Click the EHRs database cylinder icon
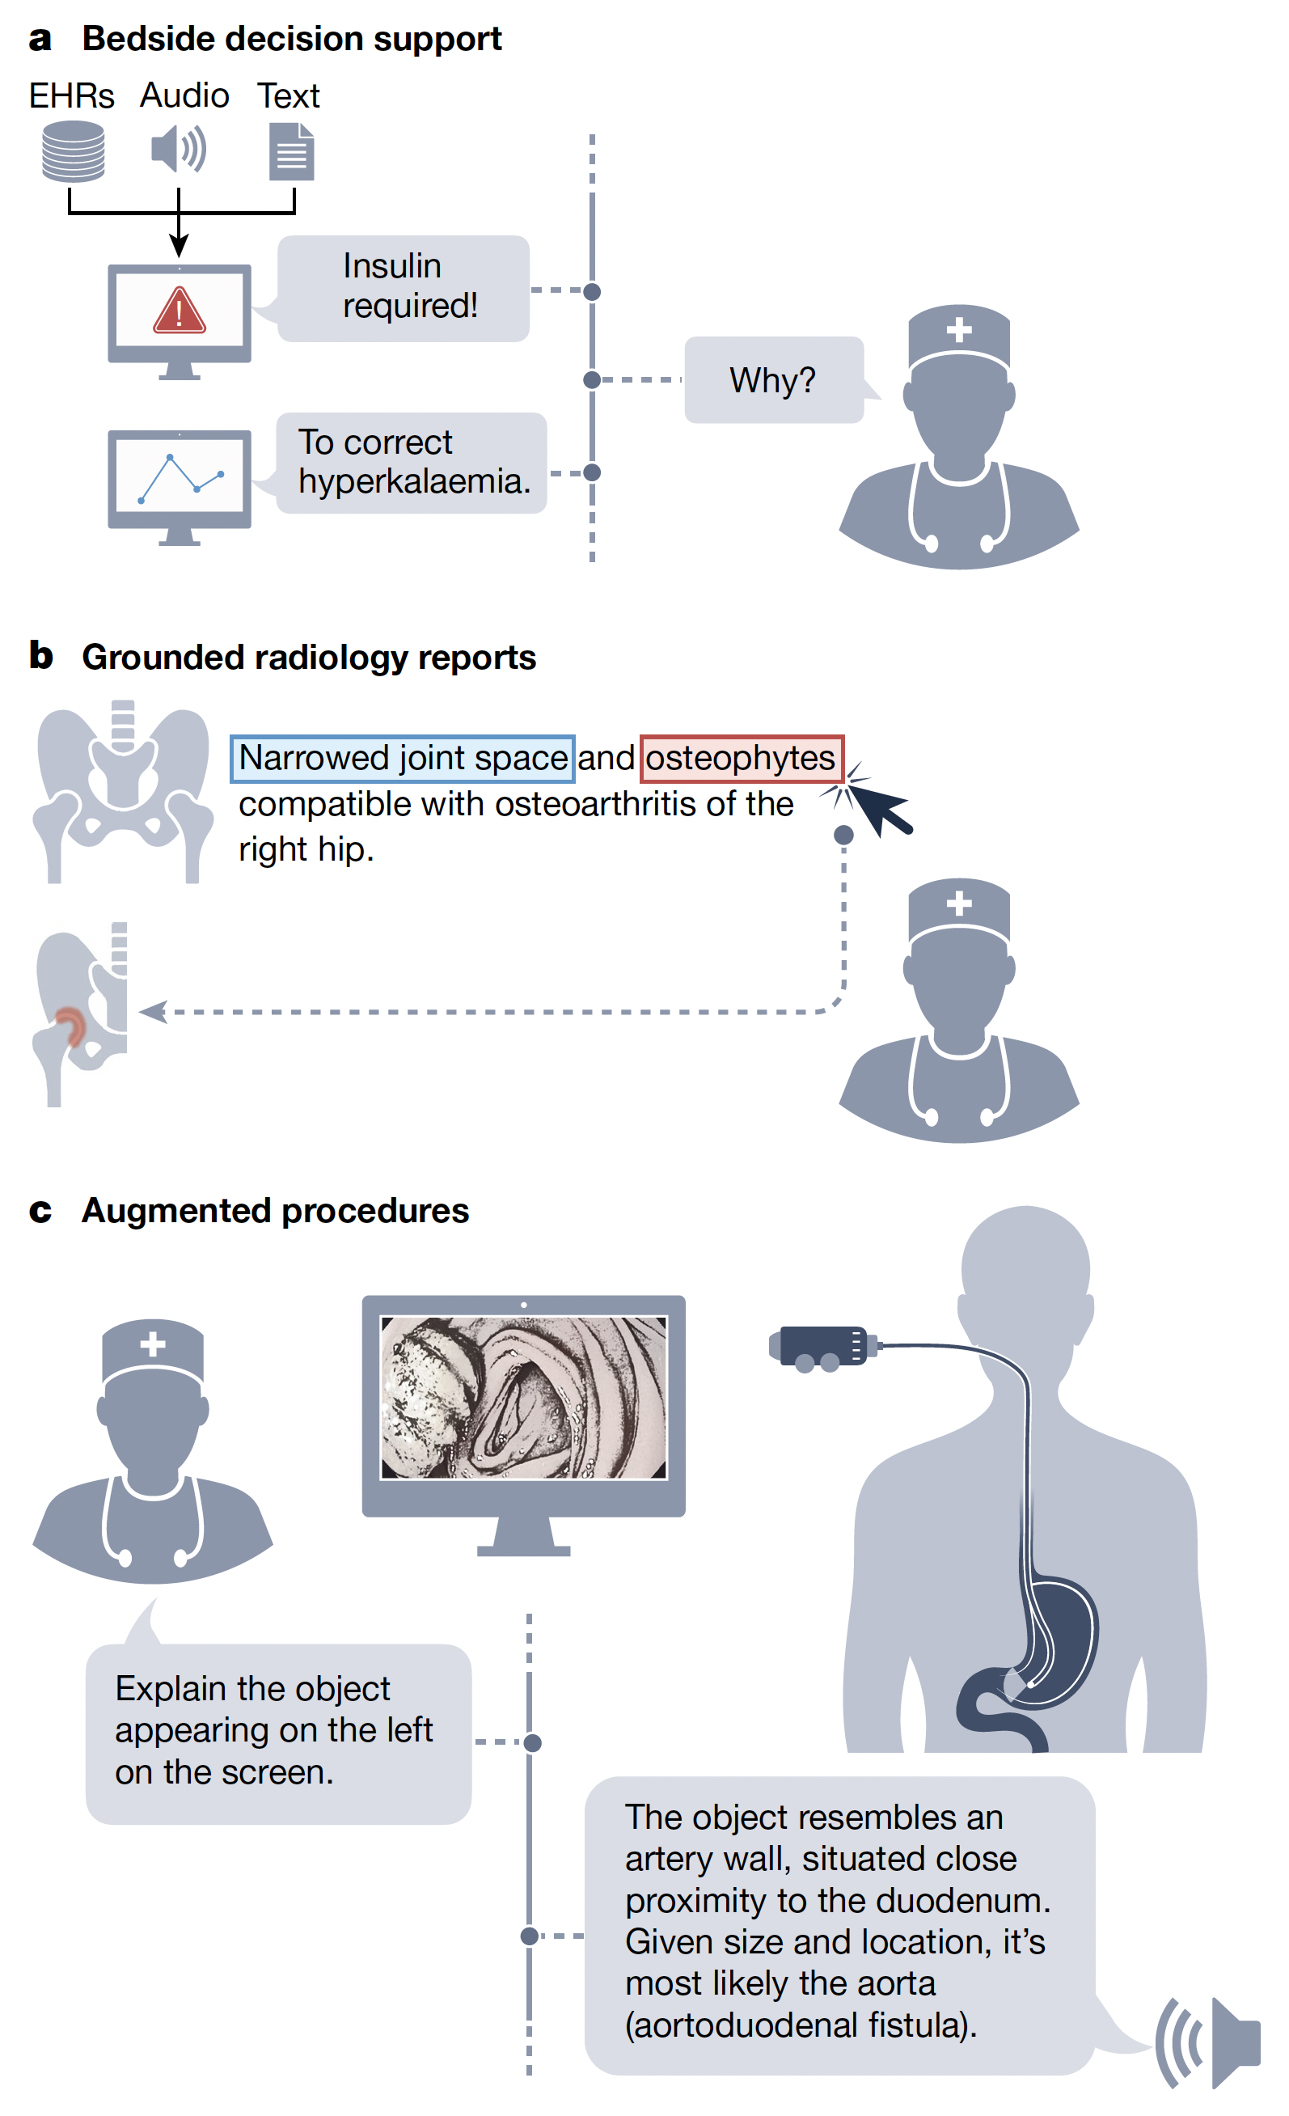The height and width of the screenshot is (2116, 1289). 73,151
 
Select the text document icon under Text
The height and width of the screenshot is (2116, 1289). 291,152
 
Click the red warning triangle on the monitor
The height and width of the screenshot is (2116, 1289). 179,311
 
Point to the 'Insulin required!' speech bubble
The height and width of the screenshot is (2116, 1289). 404,289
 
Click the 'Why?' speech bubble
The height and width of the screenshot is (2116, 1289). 773,380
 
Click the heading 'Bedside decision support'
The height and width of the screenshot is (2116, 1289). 291,39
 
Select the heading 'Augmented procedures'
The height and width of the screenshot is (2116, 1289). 275,1212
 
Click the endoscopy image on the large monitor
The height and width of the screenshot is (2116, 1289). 524,1398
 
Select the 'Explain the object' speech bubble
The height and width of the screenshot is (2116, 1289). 277,1733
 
